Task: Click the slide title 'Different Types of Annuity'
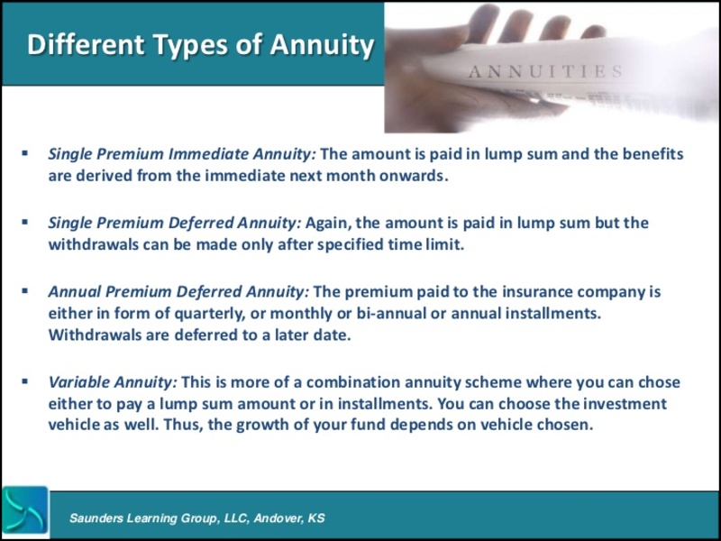pos(200,44)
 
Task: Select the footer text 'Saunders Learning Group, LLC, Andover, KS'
pos(197,518)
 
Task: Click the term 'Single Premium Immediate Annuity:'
pos(182,154)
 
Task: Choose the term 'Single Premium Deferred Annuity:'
pos(176,223)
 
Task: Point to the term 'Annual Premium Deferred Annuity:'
pos(178,292)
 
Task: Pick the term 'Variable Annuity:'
pos(113,382)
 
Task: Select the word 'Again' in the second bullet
pos(329,223)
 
